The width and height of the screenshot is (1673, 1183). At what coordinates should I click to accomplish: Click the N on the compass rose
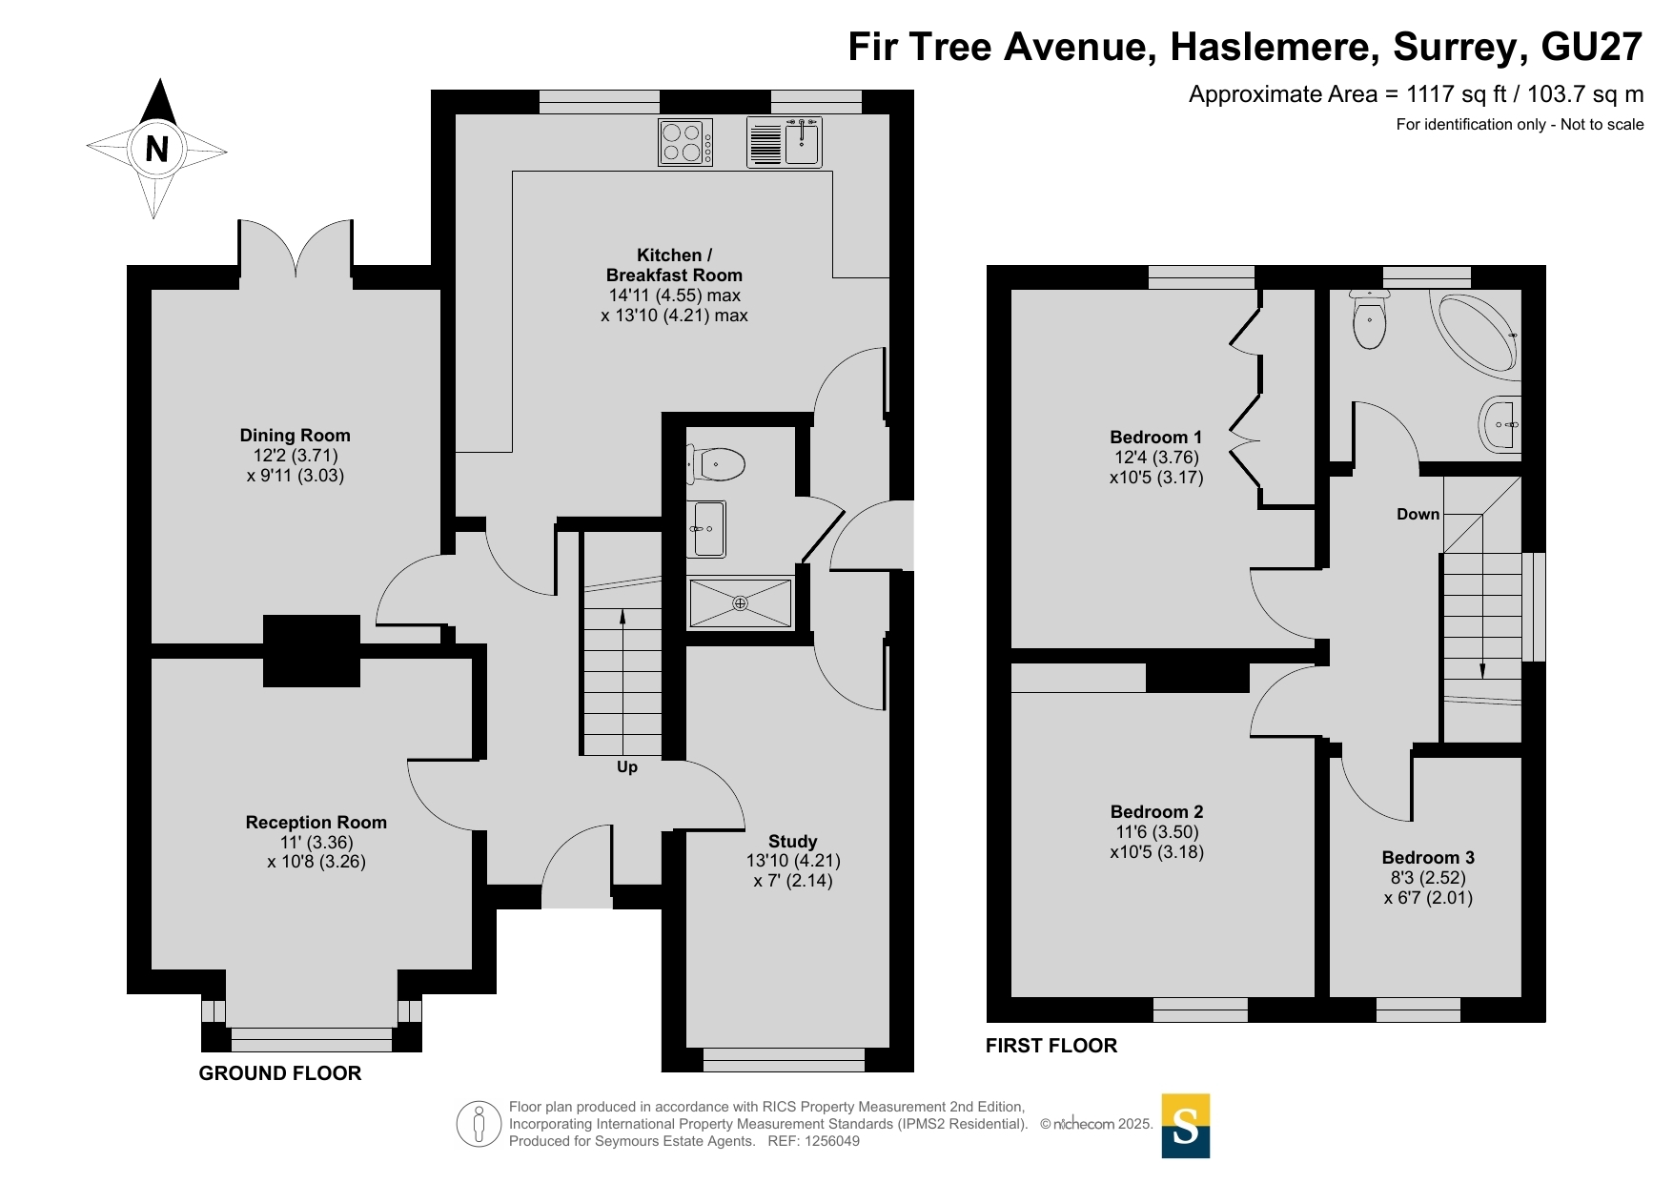click(157, 149)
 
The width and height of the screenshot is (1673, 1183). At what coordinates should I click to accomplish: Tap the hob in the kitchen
click(685, 142)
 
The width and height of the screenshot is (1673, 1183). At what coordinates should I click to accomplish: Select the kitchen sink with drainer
click(785, 142)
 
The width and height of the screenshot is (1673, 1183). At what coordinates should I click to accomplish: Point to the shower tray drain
click(740, 603)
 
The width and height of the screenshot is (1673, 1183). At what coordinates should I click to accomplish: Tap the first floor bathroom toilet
click(1369, 319)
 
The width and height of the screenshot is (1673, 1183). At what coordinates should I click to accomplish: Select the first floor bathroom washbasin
click(1500, 423)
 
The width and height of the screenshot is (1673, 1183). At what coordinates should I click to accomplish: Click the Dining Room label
click(296, 436)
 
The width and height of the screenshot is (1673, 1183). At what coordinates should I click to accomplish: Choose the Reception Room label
click(316, 823)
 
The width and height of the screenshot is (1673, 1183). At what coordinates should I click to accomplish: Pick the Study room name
click(793, 842)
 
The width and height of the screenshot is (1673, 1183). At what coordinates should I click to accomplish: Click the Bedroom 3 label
click(1428, 858)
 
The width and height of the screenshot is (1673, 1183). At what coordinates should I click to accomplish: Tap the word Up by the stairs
click(627, 767)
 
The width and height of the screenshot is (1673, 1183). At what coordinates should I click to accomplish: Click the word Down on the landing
click(1418, 515)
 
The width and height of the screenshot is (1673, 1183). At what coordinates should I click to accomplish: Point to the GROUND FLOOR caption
click(280, 1073)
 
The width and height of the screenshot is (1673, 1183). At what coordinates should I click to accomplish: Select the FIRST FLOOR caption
click(1051, 1046)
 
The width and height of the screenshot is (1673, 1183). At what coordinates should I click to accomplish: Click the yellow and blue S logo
click(1186, 1126)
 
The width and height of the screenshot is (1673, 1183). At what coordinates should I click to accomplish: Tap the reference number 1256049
click(832, 1141)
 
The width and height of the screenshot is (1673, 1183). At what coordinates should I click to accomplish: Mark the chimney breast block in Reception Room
click(312, 651)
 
